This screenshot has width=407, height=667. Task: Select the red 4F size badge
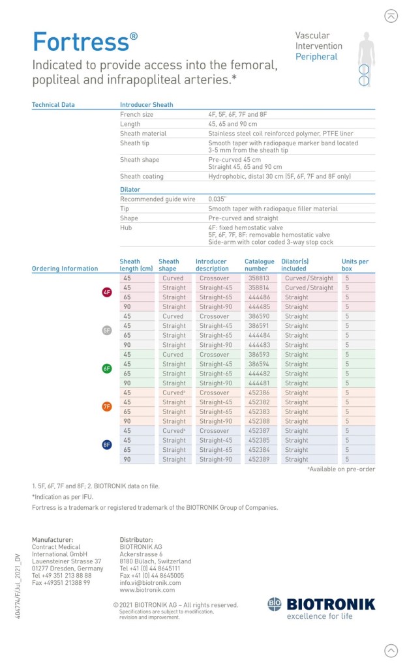pos(107,292)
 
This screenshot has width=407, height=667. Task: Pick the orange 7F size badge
pos(107,407)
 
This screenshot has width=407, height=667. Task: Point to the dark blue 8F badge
pos(107,445)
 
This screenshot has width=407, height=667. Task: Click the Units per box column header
pos(355,265)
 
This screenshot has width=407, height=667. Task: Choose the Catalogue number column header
pos(259,265)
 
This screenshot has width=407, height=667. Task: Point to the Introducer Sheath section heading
pos(146,104)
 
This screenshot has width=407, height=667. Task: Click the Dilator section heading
pos(130,189)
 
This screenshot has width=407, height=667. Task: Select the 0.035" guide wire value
pos(217,199)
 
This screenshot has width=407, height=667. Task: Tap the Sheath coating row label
pos(142,177)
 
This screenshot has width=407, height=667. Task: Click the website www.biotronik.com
pos(147,590)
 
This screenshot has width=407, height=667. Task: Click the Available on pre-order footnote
pos(341,469)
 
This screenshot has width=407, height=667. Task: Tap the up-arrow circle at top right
pos(391,16)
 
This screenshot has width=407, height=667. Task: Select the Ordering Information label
pos(65,269)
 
